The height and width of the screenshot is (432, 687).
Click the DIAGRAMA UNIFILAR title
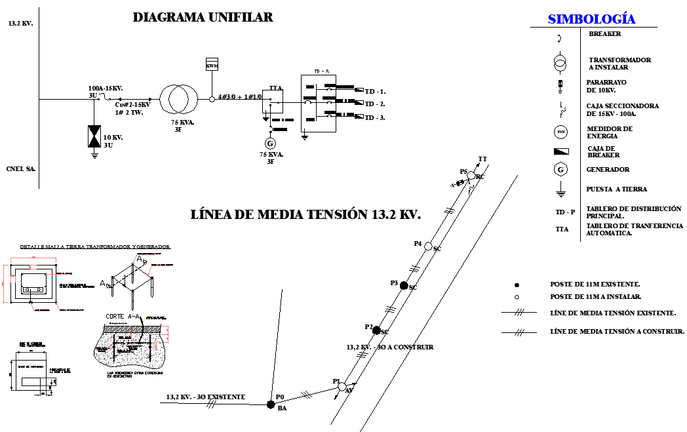click(x=203, y=18)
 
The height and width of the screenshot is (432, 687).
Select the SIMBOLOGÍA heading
click(x=591, y=20)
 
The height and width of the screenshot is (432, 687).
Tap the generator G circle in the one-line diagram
click(x=269, y=143)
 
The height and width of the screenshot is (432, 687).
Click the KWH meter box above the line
click(x=212, y=66)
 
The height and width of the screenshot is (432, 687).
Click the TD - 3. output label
click(x=374, y=118)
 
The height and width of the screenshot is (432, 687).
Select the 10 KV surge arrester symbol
click(x=95, y=136)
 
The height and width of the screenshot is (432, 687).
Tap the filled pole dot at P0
click(x=270, y=404)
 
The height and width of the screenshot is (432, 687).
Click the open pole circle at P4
click(x=427, y=246)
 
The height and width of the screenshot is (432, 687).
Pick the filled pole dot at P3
click(x=404, y=286)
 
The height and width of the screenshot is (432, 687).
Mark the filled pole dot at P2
click(x=376, y=330)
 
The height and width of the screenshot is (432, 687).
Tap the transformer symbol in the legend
click(x=560, y=64)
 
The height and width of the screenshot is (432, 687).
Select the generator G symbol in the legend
click(x=560, y=170)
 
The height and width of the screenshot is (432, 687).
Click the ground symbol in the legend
click(x=560, y=191)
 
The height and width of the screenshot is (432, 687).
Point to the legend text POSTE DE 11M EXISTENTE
click(x=595, y=285)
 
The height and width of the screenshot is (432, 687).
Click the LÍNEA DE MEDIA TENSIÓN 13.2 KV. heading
click(x=305, y=214)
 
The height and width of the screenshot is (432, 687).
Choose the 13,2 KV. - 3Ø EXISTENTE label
click(x=205, y=397)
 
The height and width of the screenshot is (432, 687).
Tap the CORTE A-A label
click(x=125, y=316)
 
